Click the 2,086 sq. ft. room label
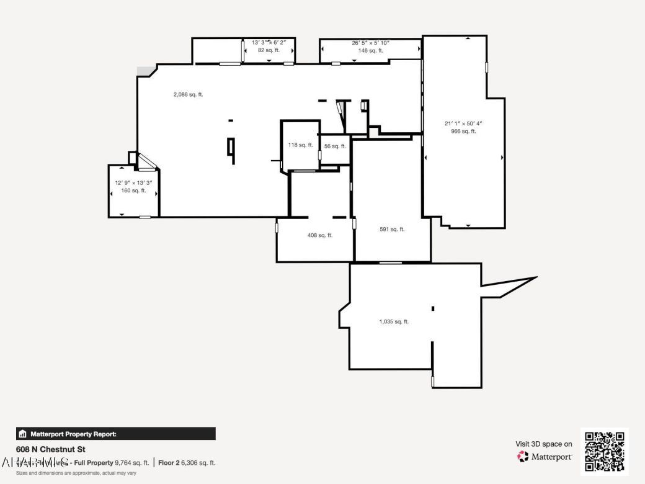click(x=188, y=95)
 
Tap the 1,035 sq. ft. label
click(x=394, y=321)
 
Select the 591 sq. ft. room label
click(x=392, y=229)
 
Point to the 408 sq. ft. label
click(x=320, y=235)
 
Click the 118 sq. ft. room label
click(x=300, y=145)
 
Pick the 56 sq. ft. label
click(x=335, y=146)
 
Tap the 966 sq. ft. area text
click(x=463, y=131)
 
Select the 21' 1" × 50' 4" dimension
click(x=463, y=123)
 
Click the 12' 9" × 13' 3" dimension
click(x=133, y=183)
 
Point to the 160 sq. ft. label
click(x=133, y=191)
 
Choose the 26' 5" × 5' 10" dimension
click(x=370, y=43)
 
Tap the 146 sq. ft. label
click(x=370, y=50)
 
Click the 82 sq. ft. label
click(x=269, y=50)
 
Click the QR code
click(x=604, y=451)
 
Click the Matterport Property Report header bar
click(x=116, y=434)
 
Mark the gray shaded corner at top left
click(x=145, y=72)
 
